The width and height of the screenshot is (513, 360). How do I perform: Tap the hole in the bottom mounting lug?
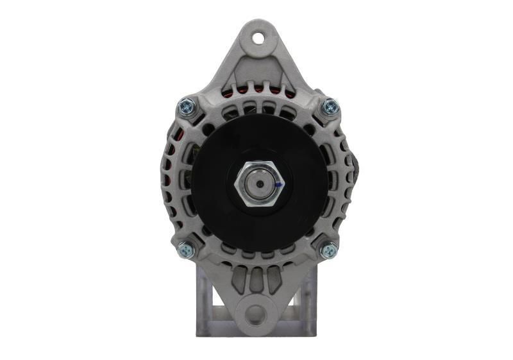[x=256, y=314]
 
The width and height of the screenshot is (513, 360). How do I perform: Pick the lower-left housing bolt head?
[x=185, y=248]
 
